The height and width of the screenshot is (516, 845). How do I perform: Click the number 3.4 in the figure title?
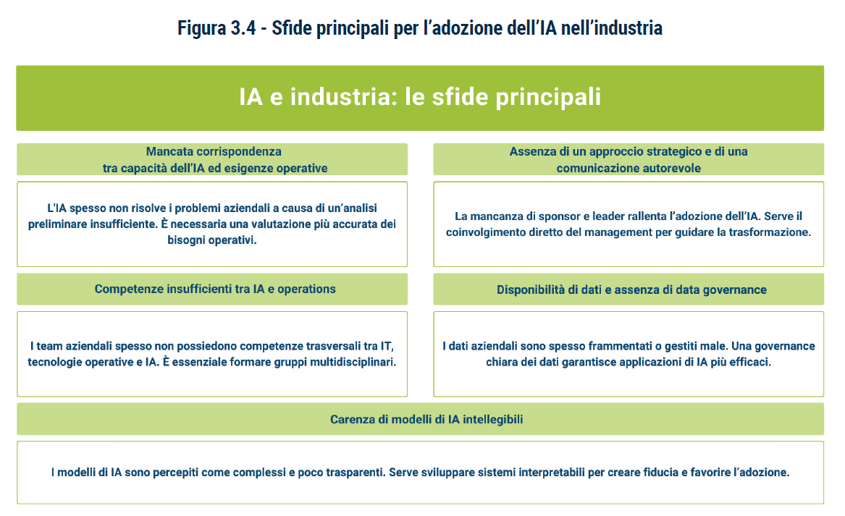243,28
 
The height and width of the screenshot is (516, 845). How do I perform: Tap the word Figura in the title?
201,28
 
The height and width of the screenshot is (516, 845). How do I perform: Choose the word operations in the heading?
306,289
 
